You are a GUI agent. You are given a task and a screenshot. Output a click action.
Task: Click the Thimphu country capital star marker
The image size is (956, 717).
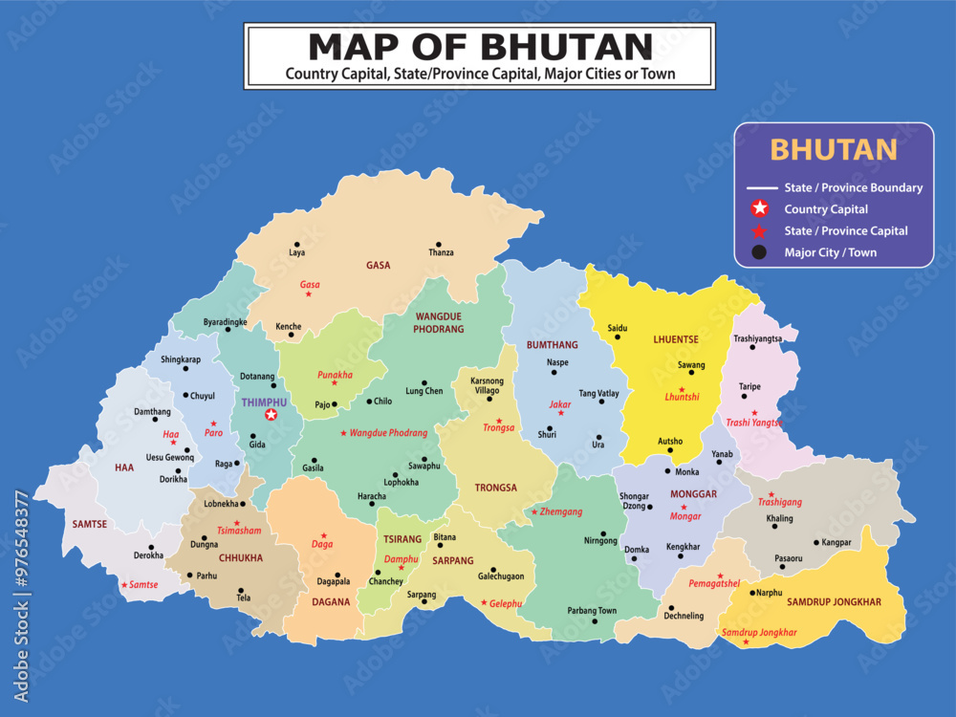tap(271, 414)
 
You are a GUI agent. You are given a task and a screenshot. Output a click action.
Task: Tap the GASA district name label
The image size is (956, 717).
tap(378, 266)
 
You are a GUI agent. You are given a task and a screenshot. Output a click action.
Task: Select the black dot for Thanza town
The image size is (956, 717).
tap(439, 245)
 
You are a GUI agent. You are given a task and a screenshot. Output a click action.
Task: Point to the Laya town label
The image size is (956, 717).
tap(297, 253)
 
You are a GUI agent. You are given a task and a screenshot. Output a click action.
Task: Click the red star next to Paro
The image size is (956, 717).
tap(213, 423)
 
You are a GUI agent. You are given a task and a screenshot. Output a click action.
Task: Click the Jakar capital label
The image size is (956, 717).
tap(559, 404)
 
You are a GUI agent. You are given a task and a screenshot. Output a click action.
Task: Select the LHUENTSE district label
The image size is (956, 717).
tap(676, 339)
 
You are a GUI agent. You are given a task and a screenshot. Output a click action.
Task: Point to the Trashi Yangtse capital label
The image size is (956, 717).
tap(753, 423)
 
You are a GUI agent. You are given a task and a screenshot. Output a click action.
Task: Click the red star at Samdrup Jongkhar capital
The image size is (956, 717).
tap(747, 641)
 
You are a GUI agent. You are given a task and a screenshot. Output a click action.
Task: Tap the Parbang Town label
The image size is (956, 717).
tap(592, 611)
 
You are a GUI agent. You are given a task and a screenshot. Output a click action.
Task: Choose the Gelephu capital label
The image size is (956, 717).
tap(506, 604)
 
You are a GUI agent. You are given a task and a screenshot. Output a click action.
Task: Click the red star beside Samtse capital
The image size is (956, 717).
tap(123, 584)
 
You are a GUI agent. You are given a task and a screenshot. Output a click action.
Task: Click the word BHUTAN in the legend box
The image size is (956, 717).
tap(833, 150)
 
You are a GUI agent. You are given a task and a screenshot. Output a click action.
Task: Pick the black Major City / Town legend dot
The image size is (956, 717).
tap(759, 252)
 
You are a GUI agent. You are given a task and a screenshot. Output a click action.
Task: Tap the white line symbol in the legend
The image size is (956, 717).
tap(761, 188)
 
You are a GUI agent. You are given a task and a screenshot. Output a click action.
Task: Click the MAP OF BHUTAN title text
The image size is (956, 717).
tap(480, 46)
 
